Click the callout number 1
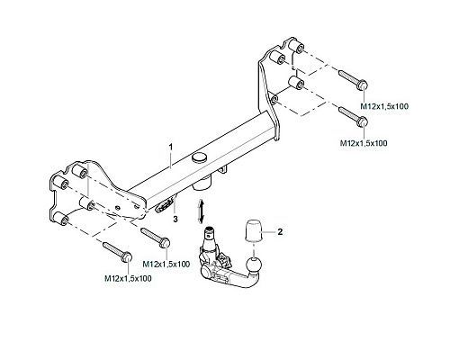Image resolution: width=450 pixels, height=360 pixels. [171, 148]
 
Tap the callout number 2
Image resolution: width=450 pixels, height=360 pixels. [280, 232]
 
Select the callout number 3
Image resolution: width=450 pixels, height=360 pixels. [175, 219]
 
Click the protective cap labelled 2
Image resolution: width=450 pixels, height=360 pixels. [254, 231]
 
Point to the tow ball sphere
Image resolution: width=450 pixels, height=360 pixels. [254, 265]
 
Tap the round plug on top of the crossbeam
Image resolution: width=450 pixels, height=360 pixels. [200, 157]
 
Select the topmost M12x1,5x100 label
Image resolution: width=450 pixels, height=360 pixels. [384, 106]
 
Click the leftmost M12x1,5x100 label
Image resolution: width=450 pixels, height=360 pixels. [128, 278]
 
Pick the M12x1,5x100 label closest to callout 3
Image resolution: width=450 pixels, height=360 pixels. [166, 264]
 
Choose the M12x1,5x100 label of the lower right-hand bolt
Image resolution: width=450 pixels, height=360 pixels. [364, 143]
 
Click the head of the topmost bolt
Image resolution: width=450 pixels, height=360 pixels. [363, 85]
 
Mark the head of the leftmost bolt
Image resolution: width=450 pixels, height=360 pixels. [127, 257]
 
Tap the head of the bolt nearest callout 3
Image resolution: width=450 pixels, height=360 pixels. [166, 242]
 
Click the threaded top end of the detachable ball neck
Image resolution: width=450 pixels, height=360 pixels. [210, 231]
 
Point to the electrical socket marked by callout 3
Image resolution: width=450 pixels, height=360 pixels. [165, 206]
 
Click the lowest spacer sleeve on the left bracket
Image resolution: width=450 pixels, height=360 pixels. [61, 218]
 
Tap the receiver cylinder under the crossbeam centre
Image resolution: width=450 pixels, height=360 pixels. [203, 183]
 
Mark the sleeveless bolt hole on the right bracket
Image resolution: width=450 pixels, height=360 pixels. [273, 99]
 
